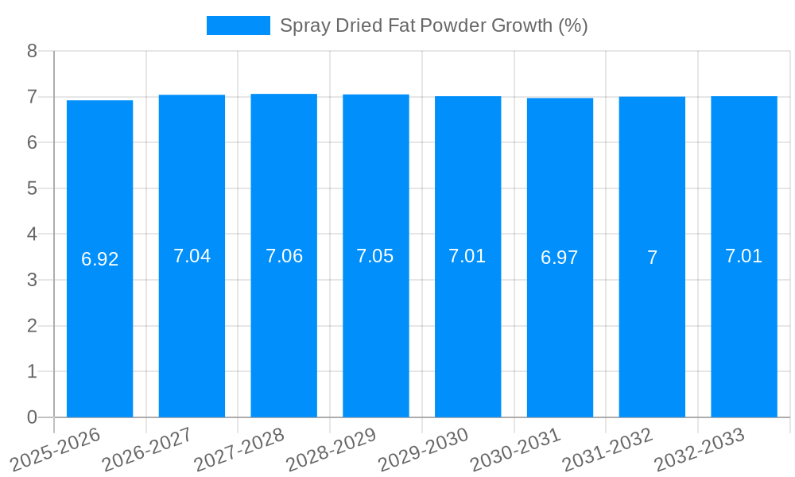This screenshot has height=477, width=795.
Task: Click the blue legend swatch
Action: tap(238, 25)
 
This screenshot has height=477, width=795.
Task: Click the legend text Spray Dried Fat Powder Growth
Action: tap(433, 25)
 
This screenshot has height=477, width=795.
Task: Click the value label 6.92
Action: tap(99, 259)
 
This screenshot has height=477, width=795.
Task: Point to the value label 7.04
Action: tap(192, 256)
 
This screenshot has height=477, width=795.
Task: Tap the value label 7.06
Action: tap(284, 256)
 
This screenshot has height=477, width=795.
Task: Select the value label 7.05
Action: tap(375, 256)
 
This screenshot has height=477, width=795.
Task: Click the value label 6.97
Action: tap(560, 258)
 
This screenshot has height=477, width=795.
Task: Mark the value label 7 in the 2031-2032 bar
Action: tap(652, 258)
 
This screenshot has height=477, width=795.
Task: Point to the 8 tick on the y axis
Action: tap(32, 51)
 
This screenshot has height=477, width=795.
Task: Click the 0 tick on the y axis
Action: tap(32, 417)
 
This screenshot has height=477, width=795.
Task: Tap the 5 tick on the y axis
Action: tap(32, 188)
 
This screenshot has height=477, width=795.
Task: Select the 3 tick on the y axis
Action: tap(32, 280)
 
